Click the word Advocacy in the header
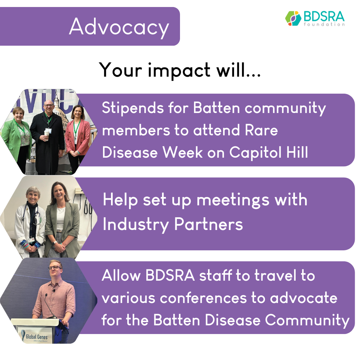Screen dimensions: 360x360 coord(119,27)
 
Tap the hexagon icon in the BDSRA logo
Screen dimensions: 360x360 coord(293,18)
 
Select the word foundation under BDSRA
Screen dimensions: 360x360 coord(324,24)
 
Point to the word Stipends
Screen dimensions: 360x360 coord(133,108)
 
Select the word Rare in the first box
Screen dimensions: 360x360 coord(261,130)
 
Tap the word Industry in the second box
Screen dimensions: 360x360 coord(136,225)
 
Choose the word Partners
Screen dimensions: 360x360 coord(208,224)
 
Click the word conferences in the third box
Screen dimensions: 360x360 coord(203,298)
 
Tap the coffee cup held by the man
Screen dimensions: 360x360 coord(47,135)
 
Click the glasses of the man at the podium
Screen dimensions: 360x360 coord(55,268)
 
